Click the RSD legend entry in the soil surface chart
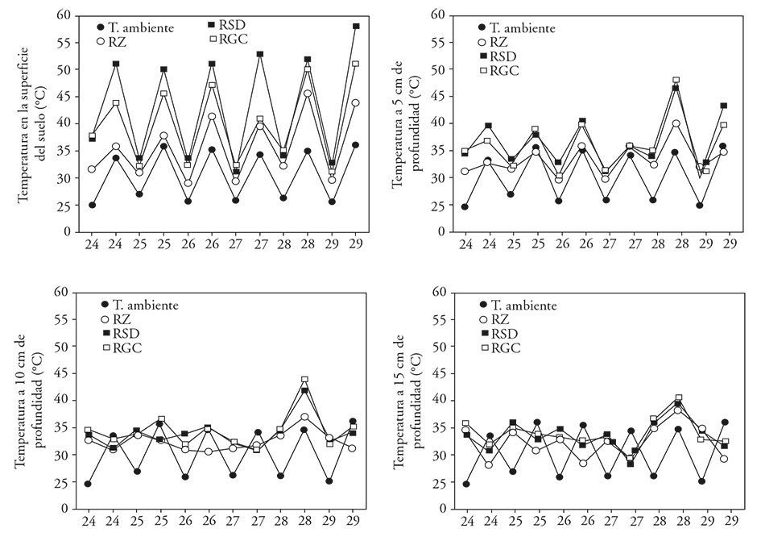(x=234, y=24)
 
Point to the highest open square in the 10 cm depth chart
(x=305, y=379)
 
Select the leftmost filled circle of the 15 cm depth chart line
(x=465, y=484)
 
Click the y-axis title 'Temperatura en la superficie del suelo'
(x=31, y=123)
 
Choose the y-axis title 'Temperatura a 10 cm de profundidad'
(x=31, y=401)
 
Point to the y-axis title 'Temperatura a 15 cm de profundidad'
(x=407, y=401)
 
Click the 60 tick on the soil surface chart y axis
(x=63, y=15)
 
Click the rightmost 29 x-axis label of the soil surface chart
(x=355, y=244)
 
